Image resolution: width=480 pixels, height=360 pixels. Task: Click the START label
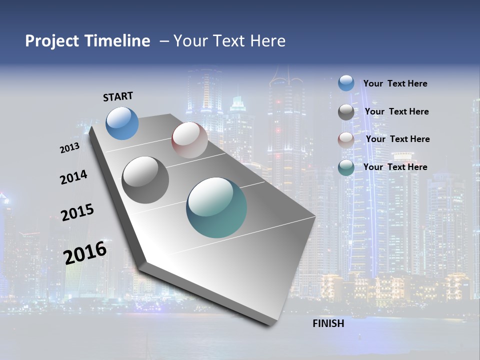pyautogui.click(x=118, y=96)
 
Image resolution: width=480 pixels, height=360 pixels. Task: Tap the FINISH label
pyautogui.click(x=328, y=323)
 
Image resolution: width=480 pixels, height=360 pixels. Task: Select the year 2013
pyautogui.click(x=69, y=148)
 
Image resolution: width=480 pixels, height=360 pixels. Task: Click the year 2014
pyautogui.click(x=73, y=177)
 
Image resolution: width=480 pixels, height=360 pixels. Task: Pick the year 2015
pyautogui.click(x=77, y=212)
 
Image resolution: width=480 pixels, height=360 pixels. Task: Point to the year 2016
pyautogui.click(x=85, y=253)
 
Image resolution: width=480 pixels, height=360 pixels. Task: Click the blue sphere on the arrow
pyautogui.click(x=122, y=123)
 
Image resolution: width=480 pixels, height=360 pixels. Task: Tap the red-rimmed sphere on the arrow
pyautogui.click(x=189, y=140)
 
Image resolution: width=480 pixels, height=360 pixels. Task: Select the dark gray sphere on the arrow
pyautogui.click(x=145, y=180)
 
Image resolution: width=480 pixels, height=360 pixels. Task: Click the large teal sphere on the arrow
pyautogui.click(x=216, y=207)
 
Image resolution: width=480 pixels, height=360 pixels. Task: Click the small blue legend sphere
pyautogui.click(x=346, y=83)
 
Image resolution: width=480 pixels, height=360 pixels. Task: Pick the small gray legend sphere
pyautogui.click(x=346, y=112)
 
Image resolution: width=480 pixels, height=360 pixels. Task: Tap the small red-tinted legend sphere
pyautogui.click(x=346, y=140)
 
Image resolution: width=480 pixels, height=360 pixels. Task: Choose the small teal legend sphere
pyautogui.click(x=346, y=167)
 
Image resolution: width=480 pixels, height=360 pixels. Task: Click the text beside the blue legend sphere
pyautogui.click(x=395, y=83)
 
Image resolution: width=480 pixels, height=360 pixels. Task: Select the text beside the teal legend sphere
pyautogui.click(x=395, y=167)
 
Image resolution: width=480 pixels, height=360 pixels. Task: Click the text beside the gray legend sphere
pyautogui.click(x=396, y=111)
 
